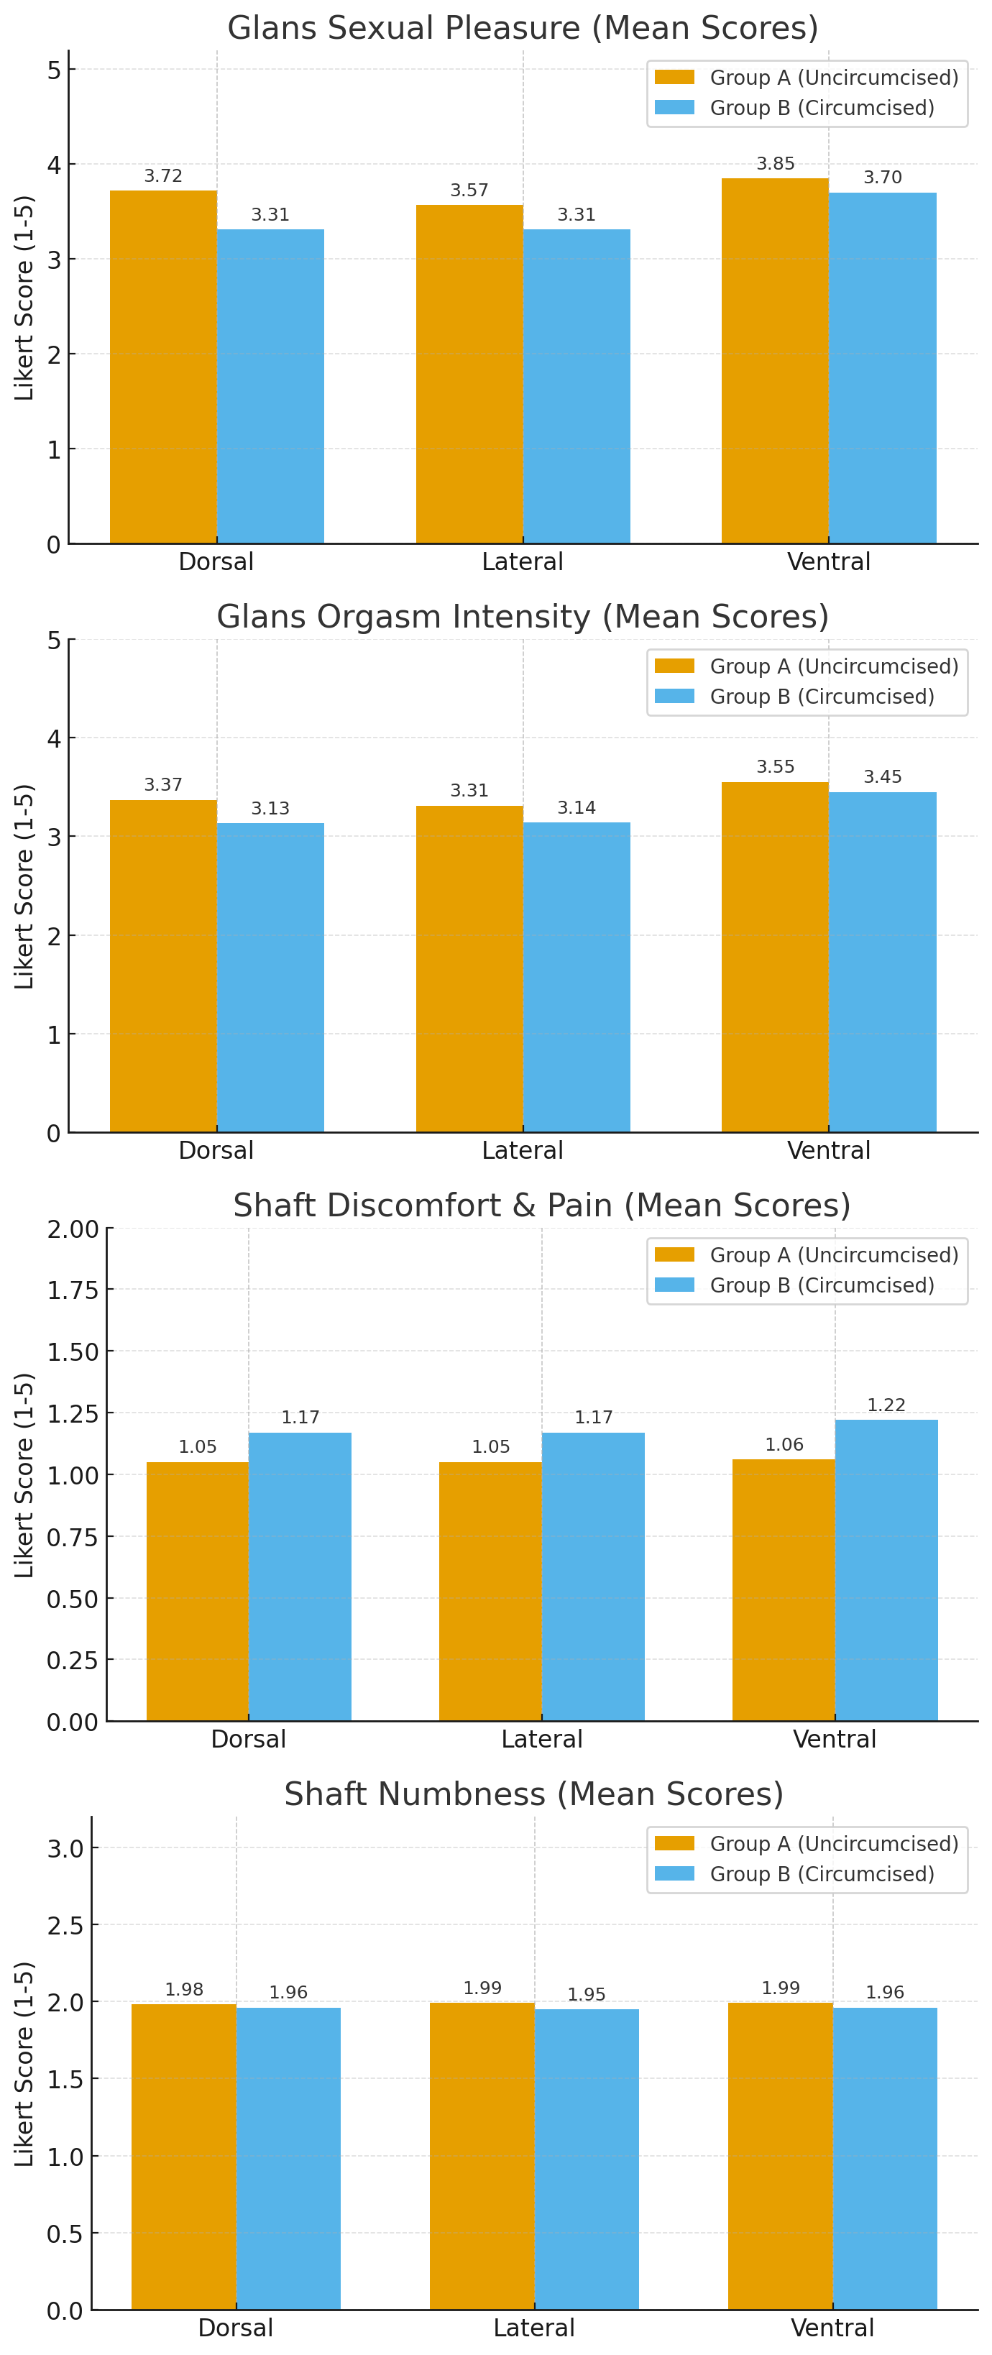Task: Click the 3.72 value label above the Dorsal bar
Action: point(162,175)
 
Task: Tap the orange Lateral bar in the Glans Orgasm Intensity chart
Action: point(469,969)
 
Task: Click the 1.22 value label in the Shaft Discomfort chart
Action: point(886,1404)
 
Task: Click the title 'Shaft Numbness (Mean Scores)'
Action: point(534,1794)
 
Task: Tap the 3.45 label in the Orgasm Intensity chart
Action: point(882,776)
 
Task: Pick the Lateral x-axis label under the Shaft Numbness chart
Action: point(534,2328)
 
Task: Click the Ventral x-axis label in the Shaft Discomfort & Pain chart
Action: point(834,1739)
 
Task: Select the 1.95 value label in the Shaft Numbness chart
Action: point(586,1994)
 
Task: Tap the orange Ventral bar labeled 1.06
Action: point(784,1591)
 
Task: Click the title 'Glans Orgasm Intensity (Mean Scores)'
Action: point(522,616)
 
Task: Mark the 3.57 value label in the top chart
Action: point(469,190)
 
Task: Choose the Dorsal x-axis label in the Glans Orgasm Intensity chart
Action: point(216,1150)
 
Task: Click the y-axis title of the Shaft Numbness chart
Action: point(24,2063)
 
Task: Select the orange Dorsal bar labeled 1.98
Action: point(184,2157)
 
